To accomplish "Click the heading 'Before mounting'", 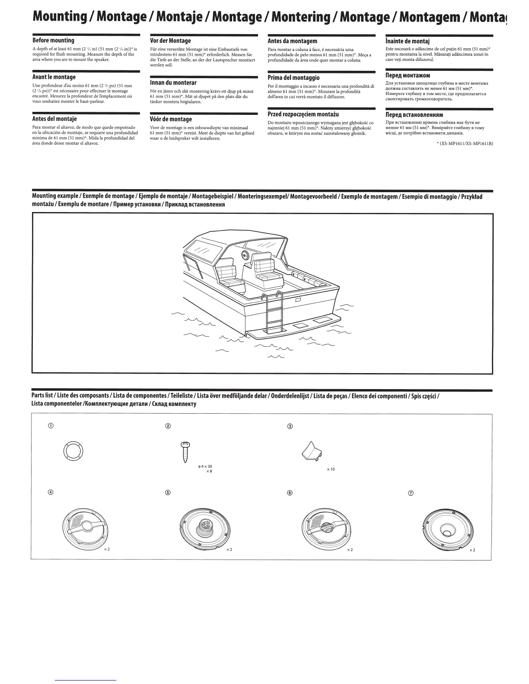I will pyautogui.click(x=54, y=41).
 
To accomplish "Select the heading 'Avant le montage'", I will pyautogui.click(x=54, y=77).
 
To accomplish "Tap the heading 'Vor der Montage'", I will pyautogui.click(x=170, y=41).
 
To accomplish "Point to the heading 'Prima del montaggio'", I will pyautogui.click(x=293, y=78).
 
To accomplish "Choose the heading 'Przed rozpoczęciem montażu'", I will pyautogui.click(x=303, y=114).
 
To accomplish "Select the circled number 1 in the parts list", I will pyautogui.click(x=51, y=426).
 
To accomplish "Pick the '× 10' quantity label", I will pyautogui.click(x=331, y=469).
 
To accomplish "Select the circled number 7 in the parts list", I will pyautogui.click(x=411, y=494).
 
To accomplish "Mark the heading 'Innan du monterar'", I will pyautogui.click(x=173, y=82).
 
